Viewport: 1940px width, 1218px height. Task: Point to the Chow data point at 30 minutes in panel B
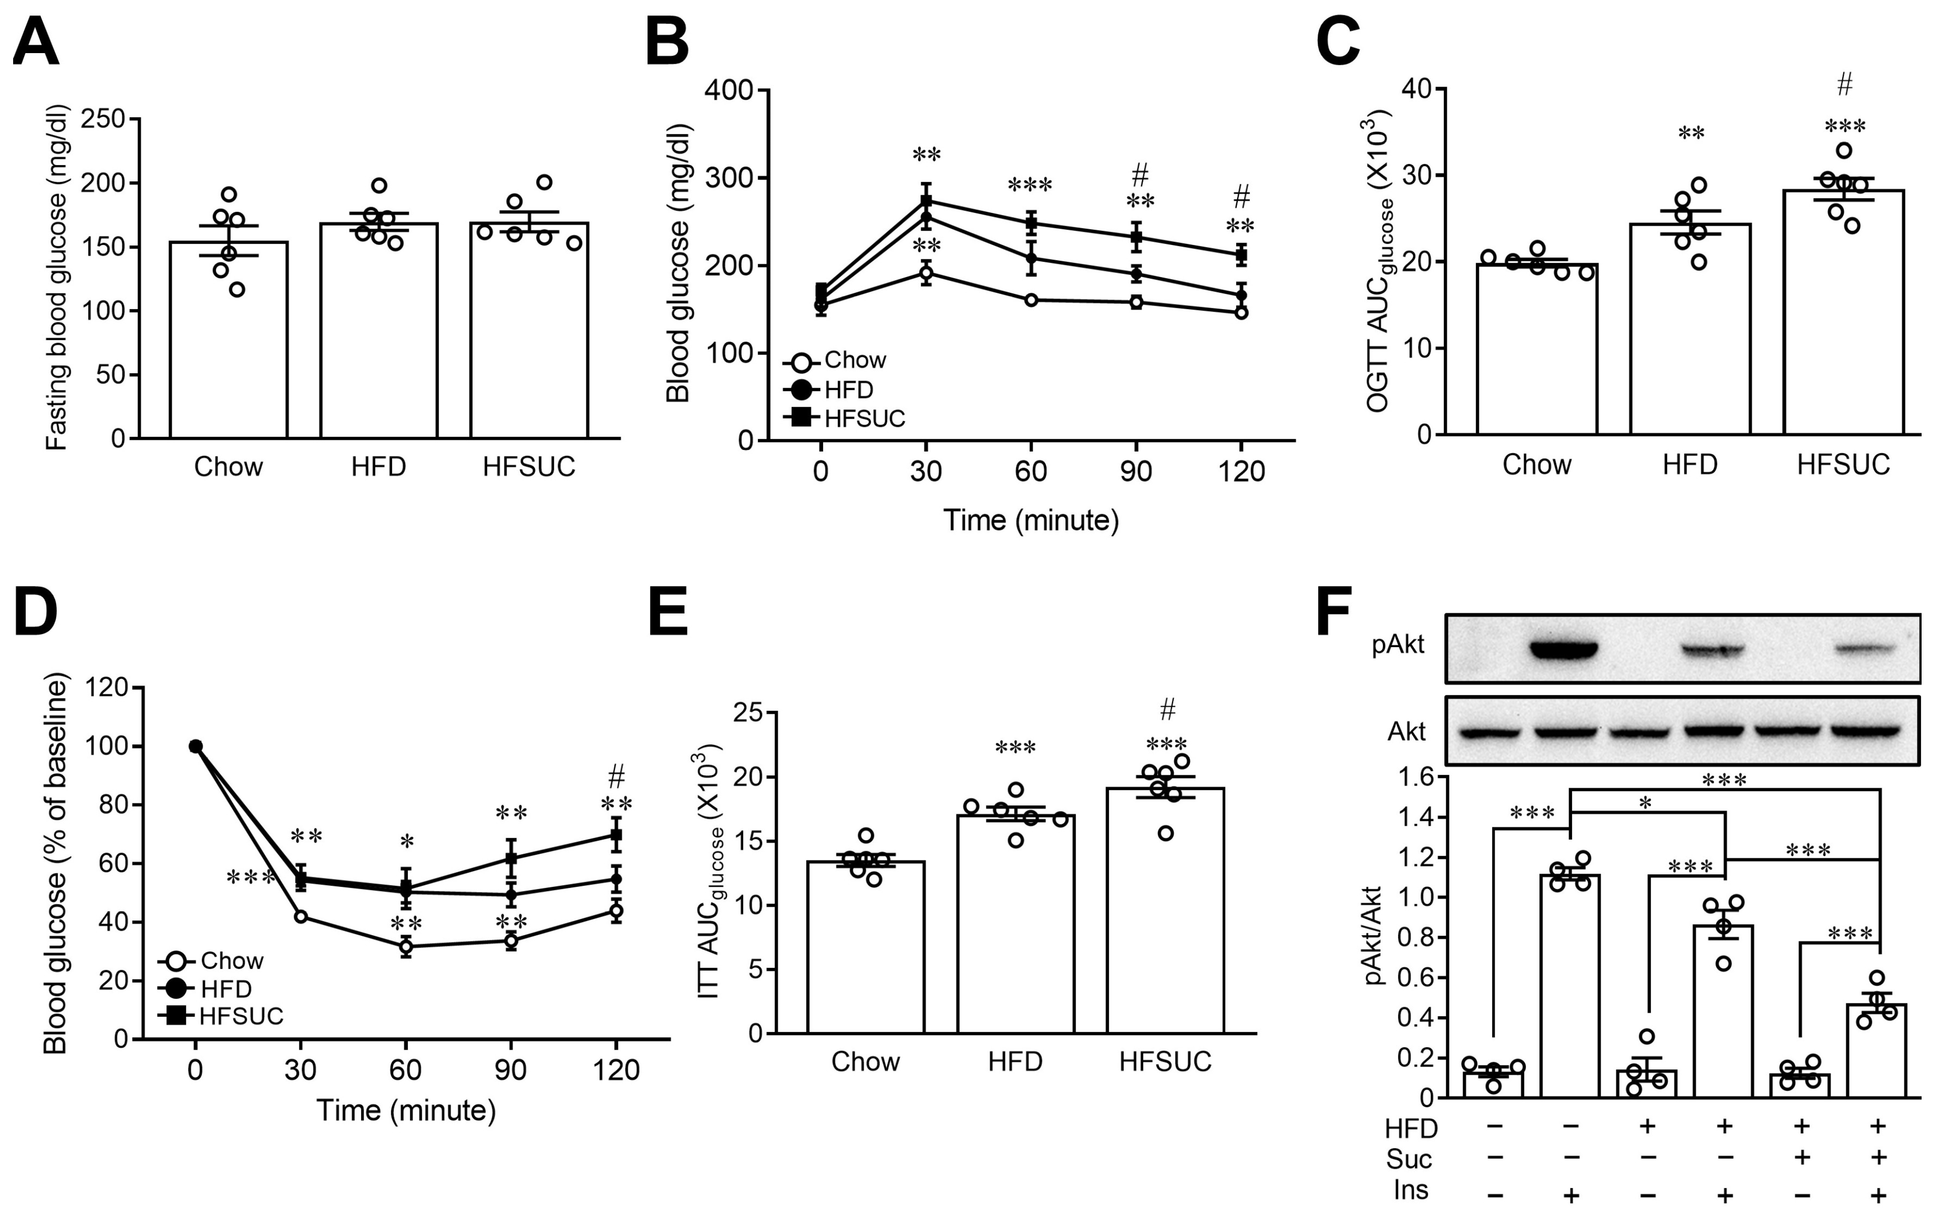926,273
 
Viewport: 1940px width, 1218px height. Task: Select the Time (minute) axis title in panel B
1030,520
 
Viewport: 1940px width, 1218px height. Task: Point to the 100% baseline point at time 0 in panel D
195,746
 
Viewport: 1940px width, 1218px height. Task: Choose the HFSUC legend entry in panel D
240,1016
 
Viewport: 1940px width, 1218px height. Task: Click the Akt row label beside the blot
1405,731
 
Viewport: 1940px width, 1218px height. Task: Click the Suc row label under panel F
1409,1159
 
